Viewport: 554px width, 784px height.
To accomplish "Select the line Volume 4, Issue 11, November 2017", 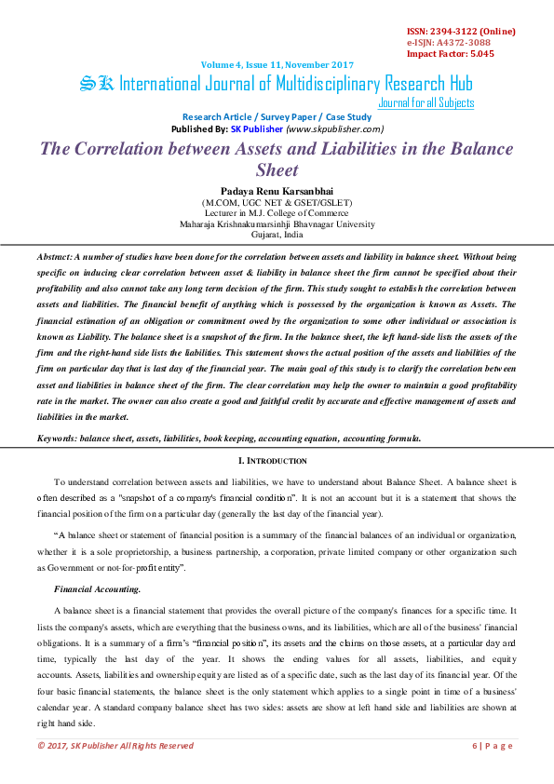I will click(x=277, y=64).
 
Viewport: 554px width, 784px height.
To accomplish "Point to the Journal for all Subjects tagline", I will click(x=426, y=103).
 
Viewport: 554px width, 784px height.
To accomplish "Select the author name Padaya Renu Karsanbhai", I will click(x=277, y=190).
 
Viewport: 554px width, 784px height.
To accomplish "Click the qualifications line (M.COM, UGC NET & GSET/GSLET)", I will click(x=277, y=202).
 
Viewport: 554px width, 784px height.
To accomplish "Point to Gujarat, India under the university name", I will click(x=277, y=235).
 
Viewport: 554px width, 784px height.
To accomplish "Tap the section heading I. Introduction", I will click(x=277, y=461).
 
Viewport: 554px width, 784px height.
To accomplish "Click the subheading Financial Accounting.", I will click(x=98, y=588).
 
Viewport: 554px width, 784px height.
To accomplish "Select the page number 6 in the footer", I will click(x=476, y=745).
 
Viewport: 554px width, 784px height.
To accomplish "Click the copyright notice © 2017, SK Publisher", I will click(x=115, y=745).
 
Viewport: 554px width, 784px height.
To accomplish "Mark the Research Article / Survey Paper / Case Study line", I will click(x=277, y=116).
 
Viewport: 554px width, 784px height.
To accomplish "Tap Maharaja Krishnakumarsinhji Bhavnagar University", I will click(x=277, y=223).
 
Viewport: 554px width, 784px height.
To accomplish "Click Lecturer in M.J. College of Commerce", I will click(x=277, y=213).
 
